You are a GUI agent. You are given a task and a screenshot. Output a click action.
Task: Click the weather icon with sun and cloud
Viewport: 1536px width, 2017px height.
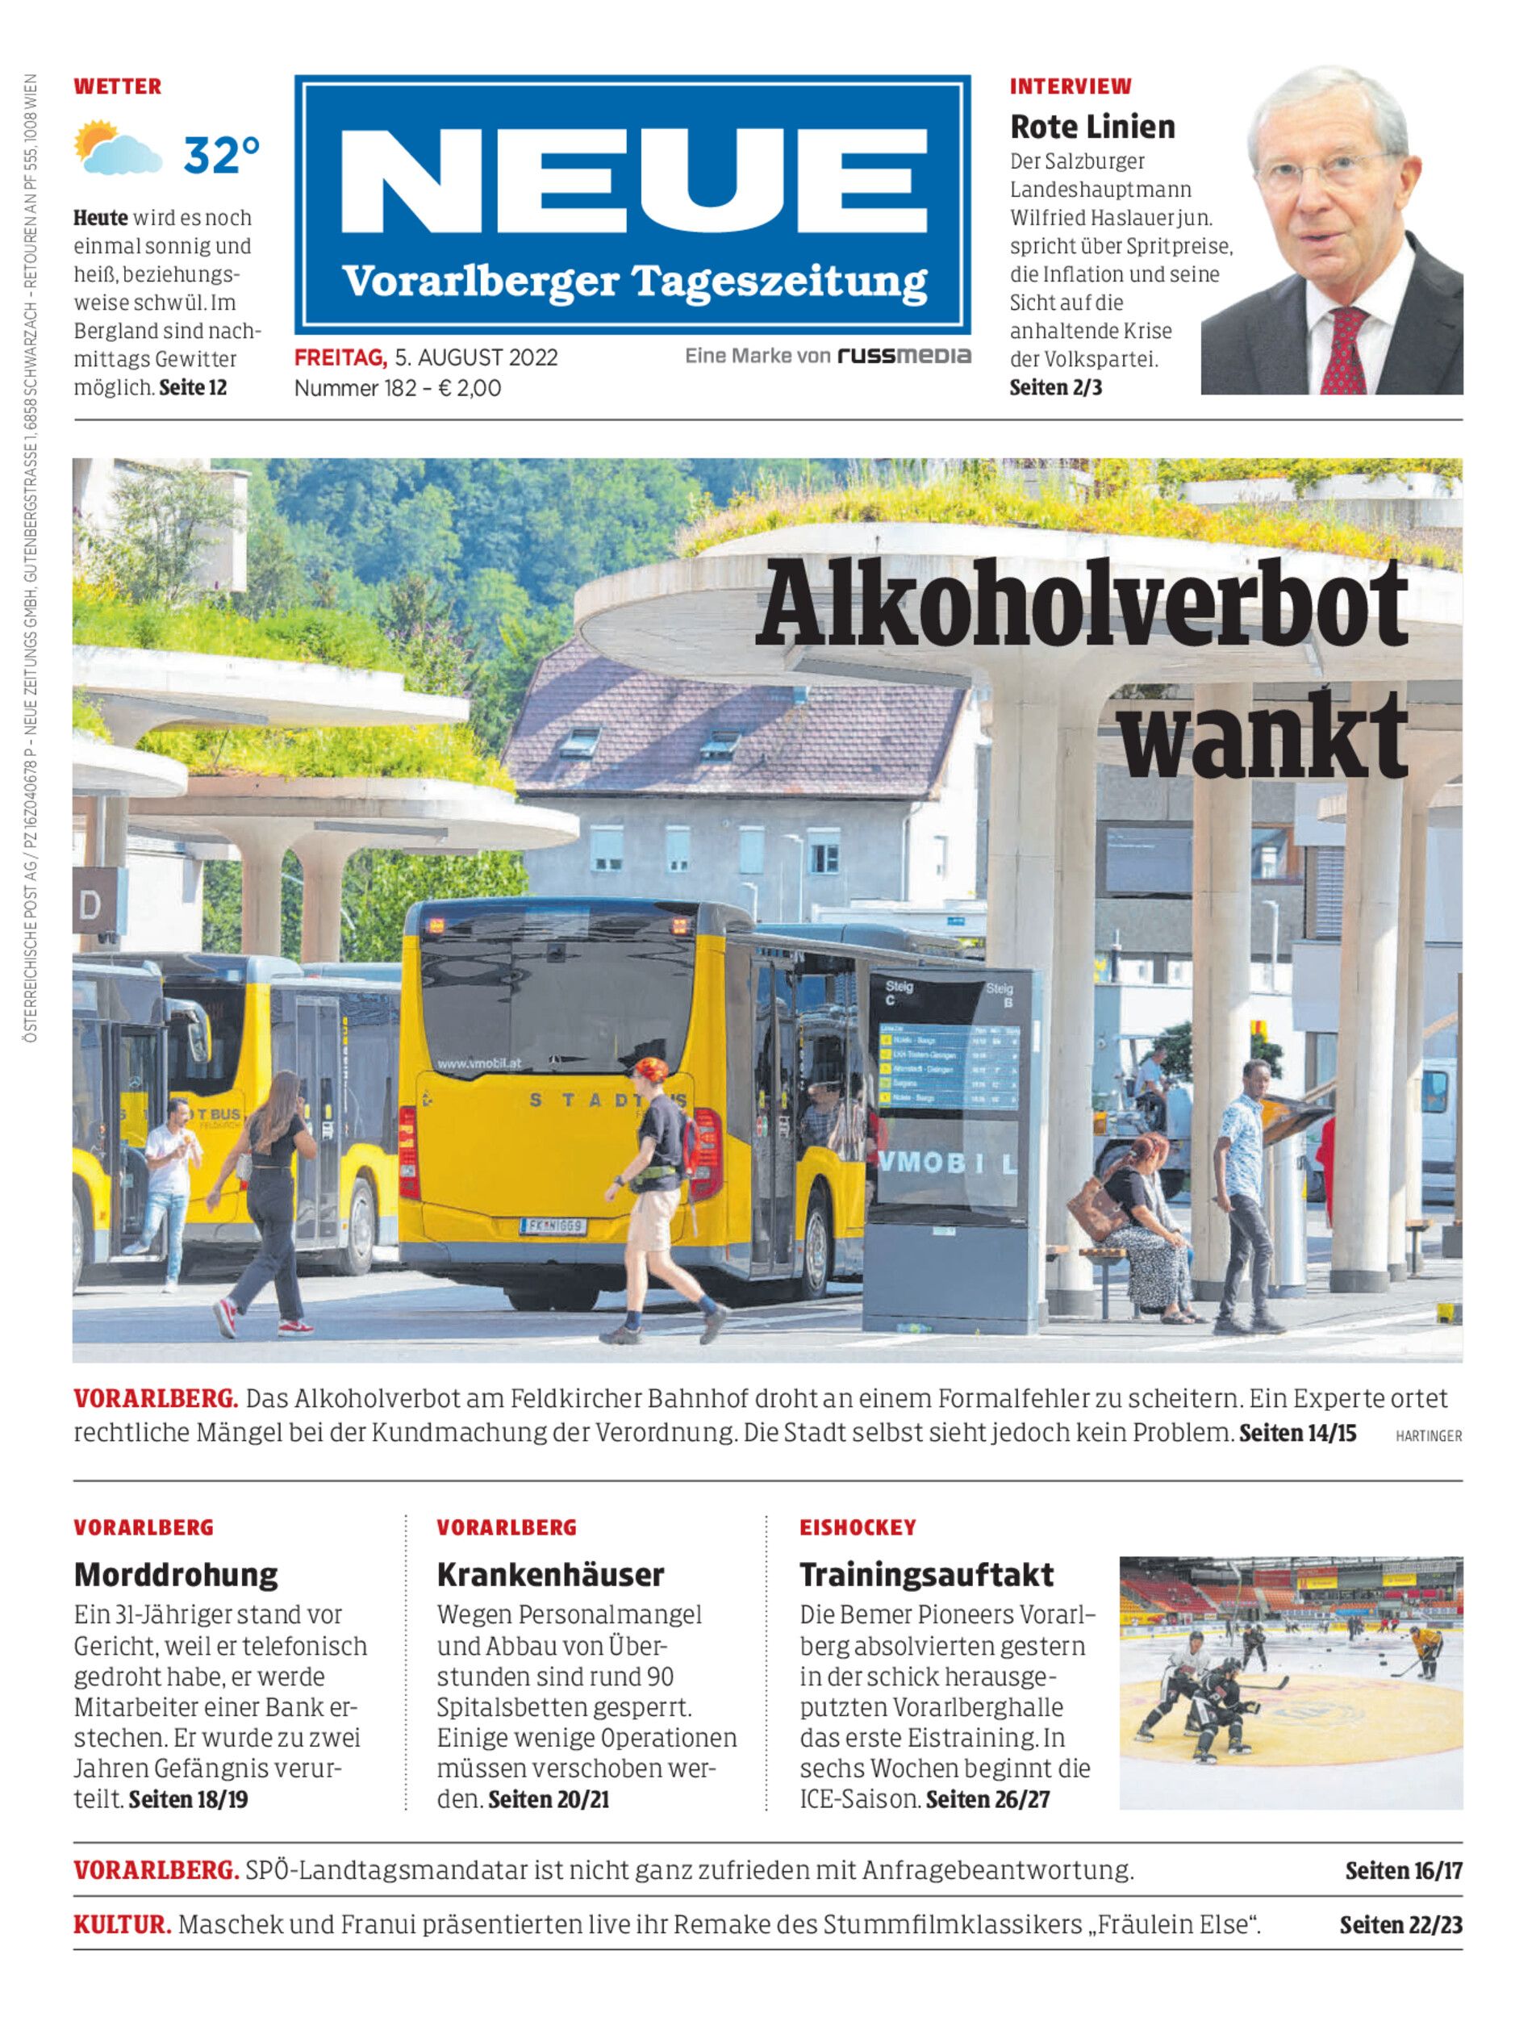118,148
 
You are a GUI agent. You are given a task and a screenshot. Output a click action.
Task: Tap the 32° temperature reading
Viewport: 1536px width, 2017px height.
221,155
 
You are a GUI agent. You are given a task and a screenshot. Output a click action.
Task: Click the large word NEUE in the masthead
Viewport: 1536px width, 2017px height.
632,183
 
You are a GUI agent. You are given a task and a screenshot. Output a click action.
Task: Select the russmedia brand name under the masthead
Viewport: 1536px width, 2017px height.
904,356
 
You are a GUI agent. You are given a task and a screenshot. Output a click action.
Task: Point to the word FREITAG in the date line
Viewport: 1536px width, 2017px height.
340,357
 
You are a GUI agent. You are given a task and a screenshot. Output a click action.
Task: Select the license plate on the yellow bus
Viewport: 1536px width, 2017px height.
553,1226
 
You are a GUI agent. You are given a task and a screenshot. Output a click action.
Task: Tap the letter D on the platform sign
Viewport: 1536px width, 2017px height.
90,906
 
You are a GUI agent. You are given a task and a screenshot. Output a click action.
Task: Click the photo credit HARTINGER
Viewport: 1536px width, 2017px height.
1428,1436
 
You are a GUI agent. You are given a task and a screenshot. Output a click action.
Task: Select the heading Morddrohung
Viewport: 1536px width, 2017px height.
176,1574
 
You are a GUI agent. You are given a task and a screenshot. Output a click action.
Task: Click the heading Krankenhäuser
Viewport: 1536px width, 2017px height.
550,1574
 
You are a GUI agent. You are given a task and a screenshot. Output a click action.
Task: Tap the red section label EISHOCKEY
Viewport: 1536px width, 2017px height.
858,1527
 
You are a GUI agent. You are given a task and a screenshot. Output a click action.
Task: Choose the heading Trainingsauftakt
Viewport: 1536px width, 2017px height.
926,1574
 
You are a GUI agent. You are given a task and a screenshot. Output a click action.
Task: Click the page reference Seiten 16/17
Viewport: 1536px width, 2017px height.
1403,1871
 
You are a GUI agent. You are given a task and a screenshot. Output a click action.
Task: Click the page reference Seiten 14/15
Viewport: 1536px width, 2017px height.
1297,1432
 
